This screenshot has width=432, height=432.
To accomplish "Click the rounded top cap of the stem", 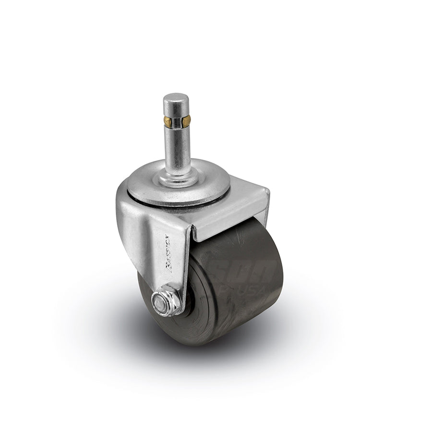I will tap(174, 100).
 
